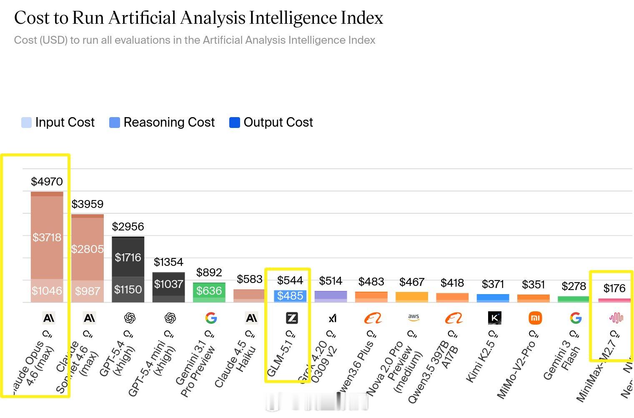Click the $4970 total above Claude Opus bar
coord(47,182)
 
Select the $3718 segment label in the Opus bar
coord(47,238)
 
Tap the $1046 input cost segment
coord(47,290)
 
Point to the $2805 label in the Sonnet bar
coord(87,249)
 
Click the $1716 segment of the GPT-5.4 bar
coord(128,258)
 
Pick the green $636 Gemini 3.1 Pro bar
coord(209,291)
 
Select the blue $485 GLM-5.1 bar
coord(290,296)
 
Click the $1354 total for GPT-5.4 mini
coord(168,262)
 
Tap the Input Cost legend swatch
coord(26,123)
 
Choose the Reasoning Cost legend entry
coord(162,123)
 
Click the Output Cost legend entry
coord(271,123)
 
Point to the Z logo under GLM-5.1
coord(292,318)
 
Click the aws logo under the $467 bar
coord(413,318)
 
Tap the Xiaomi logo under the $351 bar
coord(535,318)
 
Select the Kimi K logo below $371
coord(494,318)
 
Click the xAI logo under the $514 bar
coord(332,318)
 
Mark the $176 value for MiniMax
coord(614,288)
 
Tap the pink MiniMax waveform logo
coord(616,318)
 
